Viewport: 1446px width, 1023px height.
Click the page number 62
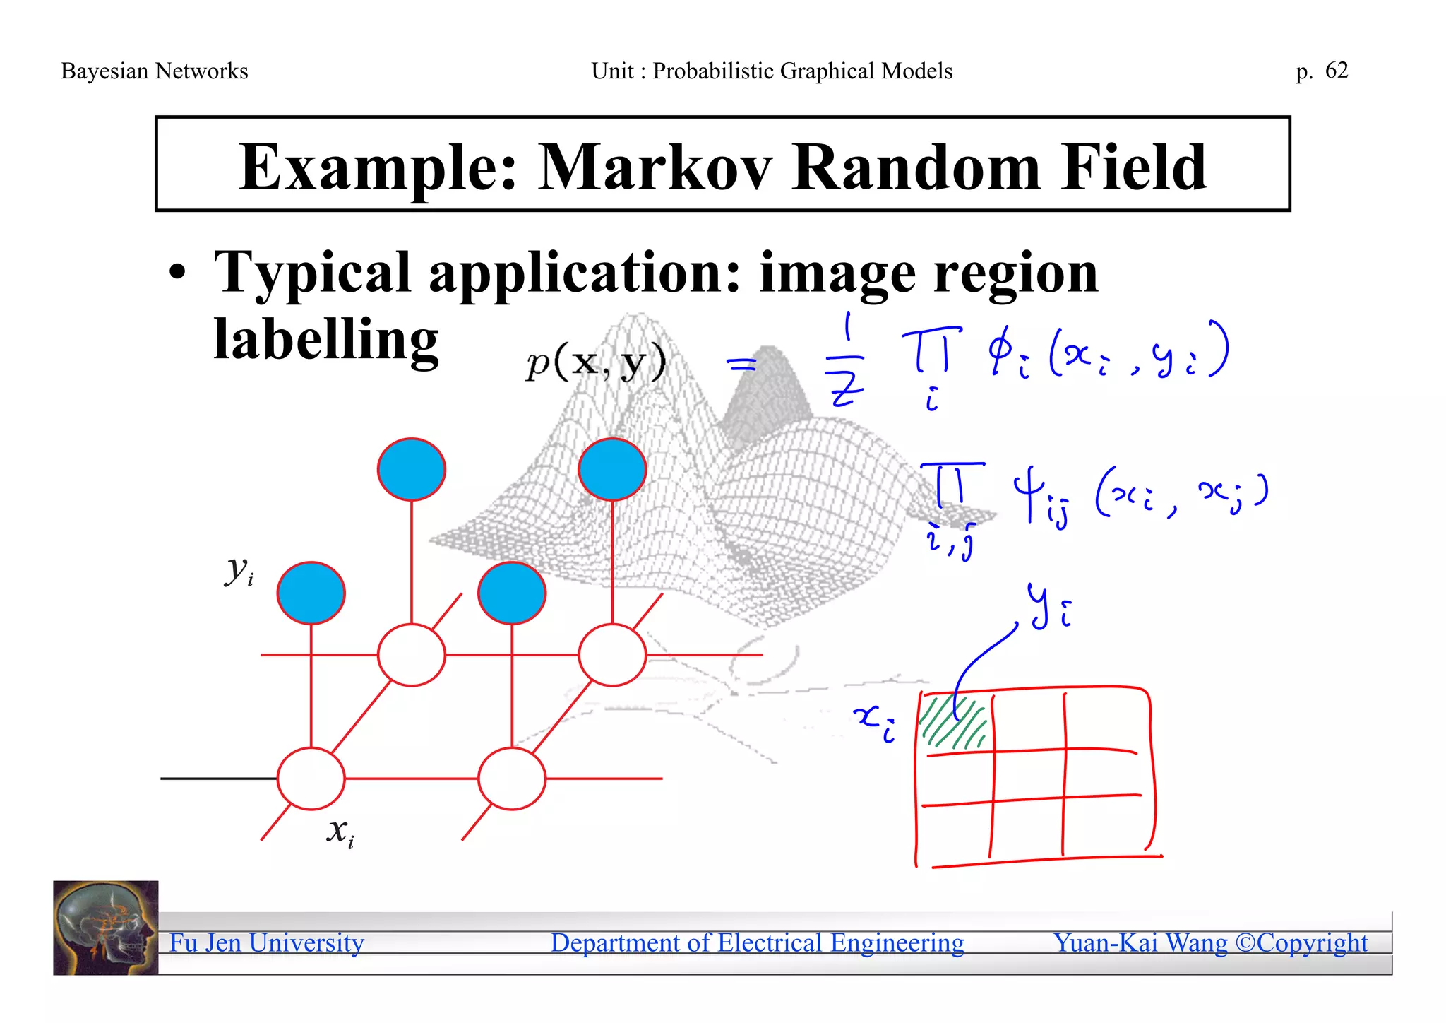tap(1337, 70)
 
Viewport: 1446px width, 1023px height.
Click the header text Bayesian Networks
tap(155, 71)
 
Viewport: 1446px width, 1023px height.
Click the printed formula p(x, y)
tap(596, 363)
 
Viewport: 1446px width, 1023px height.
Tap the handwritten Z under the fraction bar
tap(847, 389)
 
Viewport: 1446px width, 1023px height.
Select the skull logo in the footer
tap(106, 928)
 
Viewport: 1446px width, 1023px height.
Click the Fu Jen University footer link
tap(266, 943)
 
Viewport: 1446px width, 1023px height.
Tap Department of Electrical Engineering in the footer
tap(757, 943)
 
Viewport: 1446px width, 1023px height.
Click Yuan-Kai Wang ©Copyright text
tap(1210, 943)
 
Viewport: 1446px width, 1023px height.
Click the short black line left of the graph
tap(219, 779)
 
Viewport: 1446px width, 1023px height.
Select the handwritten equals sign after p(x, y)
tap(741, 365)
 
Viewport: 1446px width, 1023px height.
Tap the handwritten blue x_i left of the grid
tap(874, 722)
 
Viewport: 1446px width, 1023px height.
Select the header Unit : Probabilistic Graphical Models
tap(772, 71)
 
